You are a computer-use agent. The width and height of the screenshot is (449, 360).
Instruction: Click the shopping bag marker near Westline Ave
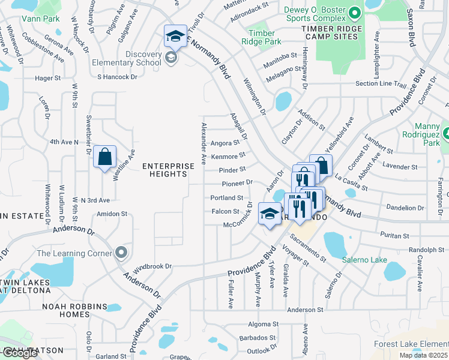104,158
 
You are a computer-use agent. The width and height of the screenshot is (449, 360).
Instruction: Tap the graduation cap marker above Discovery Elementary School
175,36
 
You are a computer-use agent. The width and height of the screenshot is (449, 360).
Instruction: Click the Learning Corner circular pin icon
122,253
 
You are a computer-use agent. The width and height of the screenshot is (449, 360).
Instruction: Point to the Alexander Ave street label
204,143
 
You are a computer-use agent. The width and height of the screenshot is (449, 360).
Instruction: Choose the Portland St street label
226,197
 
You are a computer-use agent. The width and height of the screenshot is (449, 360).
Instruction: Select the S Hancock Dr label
117,77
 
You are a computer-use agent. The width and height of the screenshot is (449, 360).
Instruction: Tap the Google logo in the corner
19,353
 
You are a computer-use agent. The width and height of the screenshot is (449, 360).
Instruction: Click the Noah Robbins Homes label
74,310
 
